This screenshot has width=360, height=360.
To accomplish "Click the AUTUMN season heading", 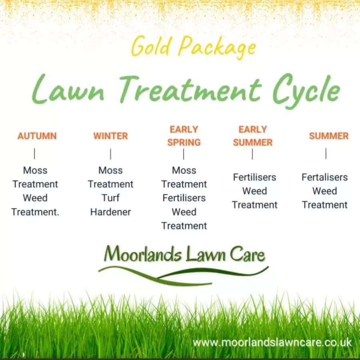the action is point(37,136).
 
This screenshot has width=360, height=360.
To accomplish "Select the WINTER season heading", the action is point(110,136).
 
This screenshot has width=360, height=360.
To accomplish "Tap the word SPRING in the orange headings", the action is point(184,142).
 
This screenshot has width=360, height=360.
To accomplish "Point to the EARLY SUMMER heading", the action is point(253,136).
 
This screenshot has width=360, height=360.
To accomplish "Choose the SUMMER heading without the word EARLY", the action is point(329,136).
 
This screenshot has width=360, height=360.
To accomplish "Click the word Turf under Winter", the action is point(110,198).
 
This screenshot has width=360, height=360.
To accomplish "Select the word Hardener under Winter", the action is point(110,212).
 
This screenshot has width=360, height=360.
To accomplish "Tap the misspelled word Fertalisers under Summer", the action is point(325,177).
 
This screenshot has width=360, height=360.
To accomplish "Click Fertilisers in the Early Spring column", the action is point(184,198).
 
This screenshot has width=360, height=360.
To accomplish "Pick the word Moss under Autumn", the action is point(35,170).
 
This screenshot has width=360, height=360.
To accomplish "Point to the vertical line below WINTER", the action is point(110,154).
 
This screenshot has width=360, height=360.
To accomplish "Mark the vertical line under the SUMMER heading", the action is point(326,154).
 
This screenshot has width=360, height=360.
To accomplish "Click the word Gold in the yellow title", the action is point(151,46).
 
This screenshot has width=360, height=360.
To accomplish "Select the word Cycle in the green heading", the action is point(306,91).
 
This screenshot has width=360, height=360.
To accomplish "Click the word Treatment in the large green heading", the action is point(190,90).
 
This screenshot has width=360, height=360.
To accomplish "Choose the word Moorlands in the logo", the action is point(143,254).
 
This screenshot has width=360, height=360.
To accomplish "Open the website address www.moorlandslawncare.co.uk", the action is point(272,342).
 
